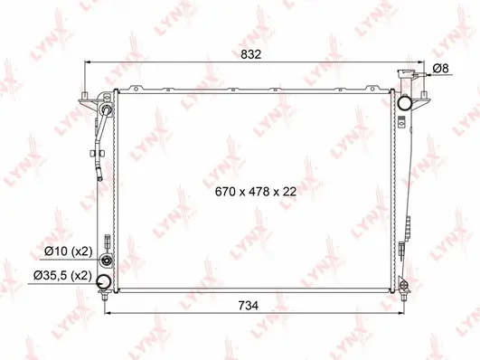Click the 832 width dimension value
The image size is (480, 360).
click(251, 54)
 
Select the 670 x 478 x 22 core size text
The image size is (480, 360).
click(256, 192)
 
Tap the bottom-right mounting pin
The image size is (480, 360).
click(404, 293)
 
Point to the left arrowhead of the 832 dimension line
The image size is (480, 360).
click(84, 63)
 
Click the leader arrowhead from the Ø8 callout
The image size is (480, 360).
click(422, 78)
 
